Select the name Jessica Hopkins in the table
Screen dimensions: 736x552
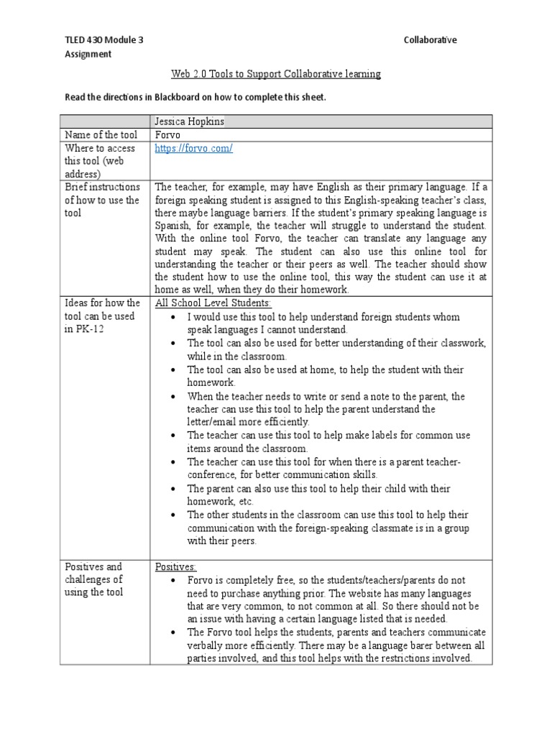(190, 121)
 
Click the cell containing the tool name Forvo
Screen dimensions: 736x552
(167, 135)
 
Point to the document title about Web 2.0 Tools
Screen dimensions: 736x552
(276, 74)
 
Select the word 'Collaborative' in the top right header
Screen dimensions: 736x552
(431, 40)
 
